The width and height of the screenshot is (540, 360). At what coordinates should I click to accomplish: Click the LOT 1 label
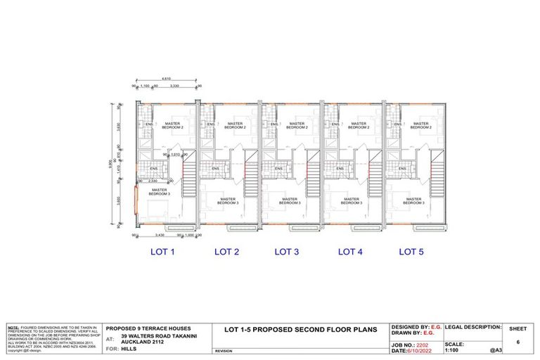163,251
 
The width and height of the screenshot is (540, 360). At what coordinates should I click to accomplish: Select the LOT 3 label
287,251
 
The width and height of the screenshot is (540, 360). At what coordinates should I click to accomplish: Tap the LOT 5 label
411,251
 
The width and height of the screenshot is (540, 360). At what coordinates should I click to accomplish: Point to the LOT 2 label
226,251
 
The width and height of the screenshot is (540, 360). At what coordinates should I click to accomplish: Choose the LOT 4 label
350,251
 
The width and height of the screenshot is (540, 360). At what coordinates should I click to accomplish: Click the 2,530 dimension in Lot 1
153,181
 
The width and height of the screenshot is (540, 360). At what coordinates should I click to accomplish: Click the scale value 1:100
455,351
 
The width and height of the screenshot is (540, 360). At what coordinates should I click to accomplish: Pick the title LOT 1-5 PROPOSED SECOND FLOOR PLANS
300,329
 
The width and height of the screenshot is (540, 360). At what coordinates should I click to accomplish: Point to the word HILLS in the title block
129,349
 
